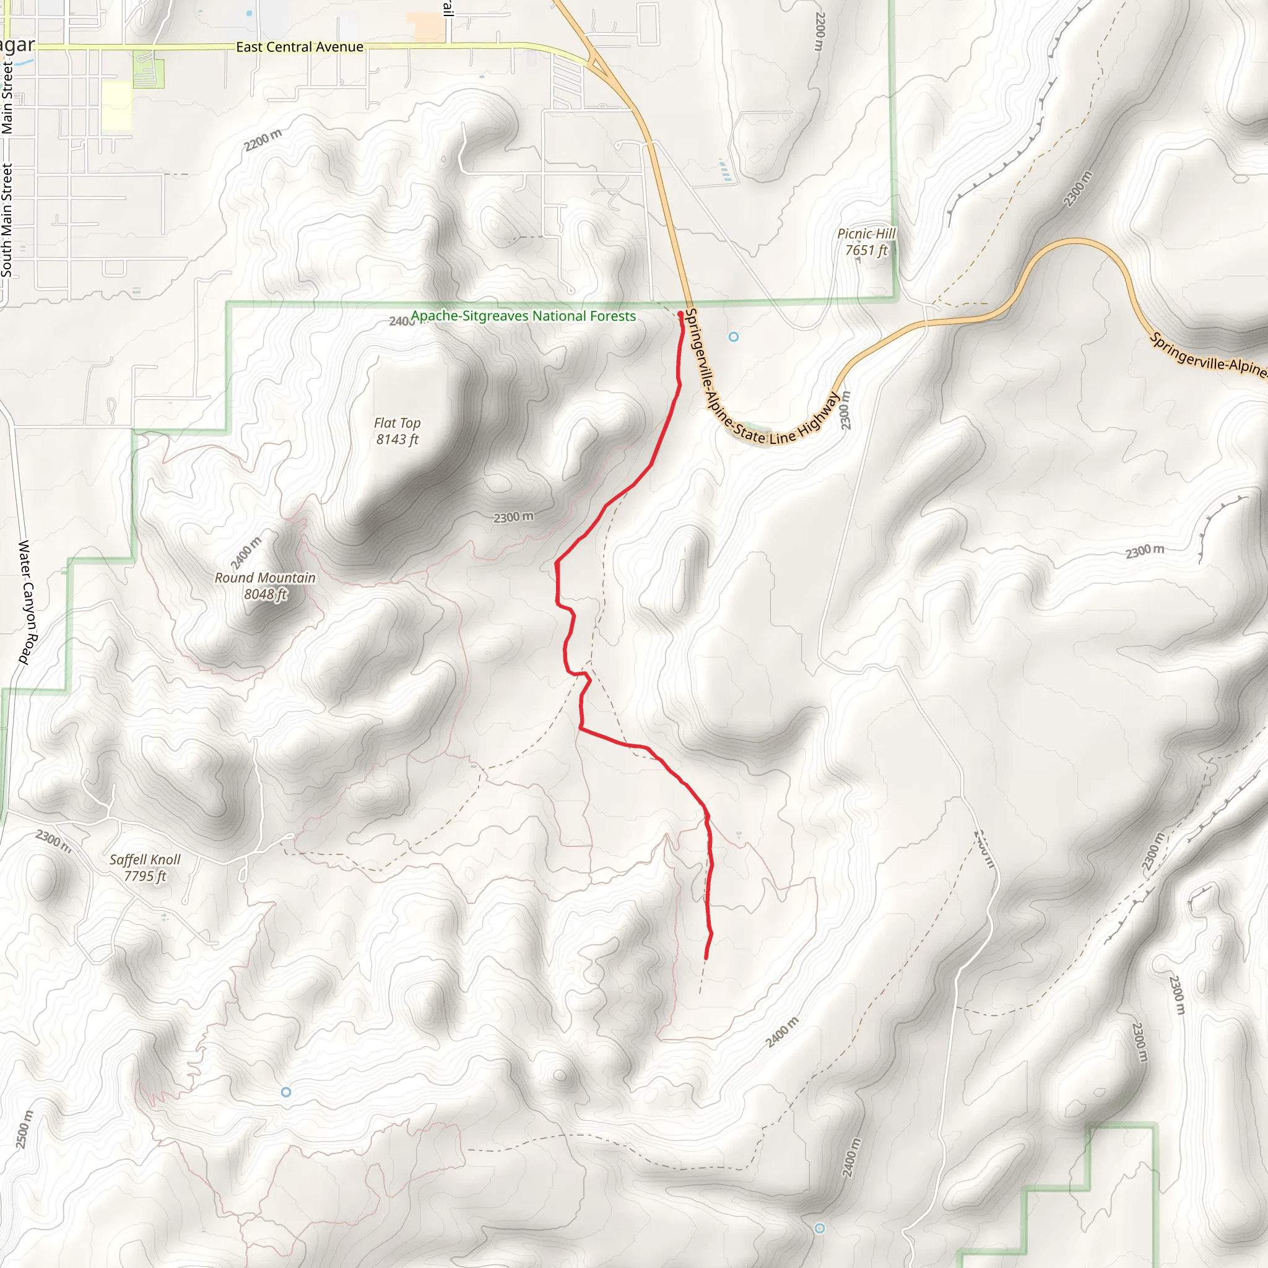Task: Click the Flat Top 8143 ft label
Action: (397, 431)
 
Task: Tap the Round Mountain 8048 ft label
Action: (265, 586)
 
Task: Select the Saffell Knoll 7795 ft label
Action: (145, 867)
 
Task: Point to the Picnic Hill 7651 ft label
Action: (866, 241)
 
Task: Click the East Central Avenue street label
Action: (299, 46)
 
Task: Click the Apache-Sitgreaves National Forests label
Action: (523, 316)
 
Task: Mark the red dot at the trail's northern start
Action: (680, 315)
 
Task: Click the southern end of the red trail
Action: (706, 959)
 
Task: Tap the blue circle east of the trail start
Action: (734, 337)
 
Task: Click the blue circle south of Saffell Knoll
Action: (286, 1092)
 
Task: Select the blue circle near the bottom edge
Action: (819, 1228)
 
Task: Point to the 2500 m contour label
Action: (24, 1129)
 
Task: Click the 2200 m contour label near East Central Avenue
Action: (263, 139)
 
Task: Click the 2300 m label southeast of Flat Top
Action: (513, 517)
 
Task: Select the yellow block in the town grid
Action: (117, 105)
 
